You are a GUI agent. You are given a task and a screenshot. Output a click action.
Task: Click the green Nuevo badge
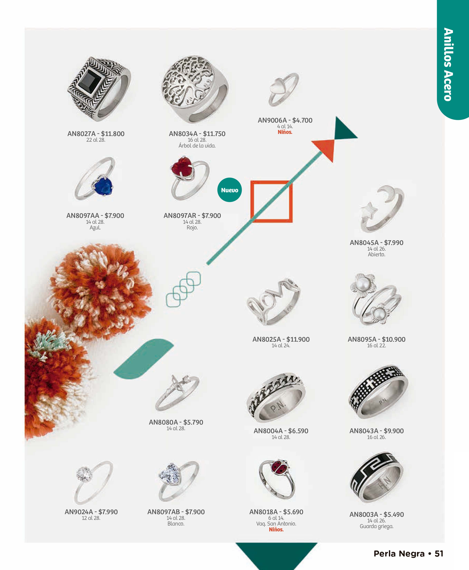(230, 190)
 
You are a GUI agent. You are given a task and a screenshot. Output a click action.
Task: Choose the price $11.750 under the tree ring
(214, 134)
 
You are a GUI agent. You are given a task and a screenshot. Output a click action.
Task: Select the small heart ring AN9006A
(284, 89)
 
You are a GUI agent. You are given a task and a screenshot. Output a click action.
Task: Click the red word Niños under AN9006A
(285, 132)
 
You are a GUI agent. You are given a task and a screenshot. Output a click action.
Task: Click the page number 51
(439, 554)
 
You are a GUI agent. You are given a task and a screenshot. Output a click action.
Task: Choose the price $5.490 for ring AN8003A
(394, 515)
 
